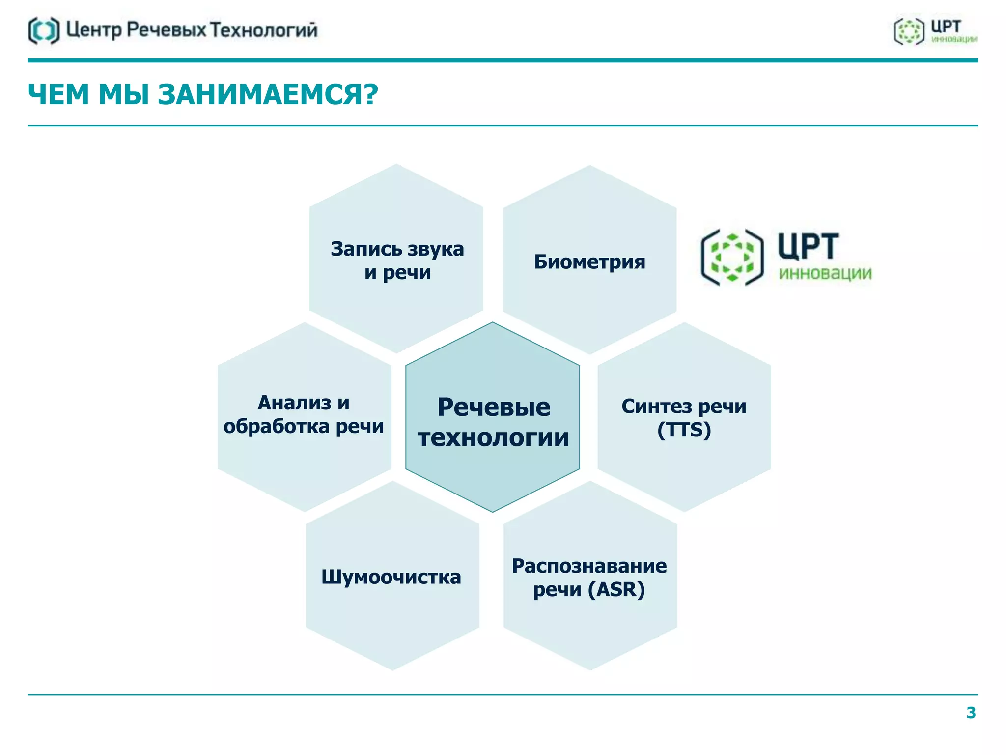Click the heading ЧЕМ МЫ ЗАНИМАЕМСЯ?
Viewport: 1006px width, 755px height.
[x=203, y=94]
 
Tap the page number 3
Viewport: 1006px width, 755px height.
[x=971, y=713]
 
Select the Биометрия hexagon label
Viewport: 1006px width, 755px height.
[x=589, y=261]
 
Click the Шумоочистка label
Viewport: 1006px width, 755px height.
[x=391, y=577]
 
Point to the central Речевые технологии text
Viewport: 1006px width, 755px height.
[x=493, y=422]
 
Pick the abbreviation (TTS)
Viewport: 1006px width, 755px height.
[x=684, y=430]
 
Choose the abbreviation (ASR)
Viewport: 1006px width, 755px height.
[x=616, y=589]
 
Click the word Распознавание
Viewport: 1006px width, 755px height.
[x=589, y=566]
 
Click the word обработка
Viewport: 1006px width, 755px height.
[x=277, y=426]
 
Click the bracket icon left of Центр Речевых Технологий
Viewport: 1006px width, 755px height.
[x=44, y=30]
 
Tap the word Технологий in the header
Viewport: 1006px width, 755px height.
[x=264, y=30]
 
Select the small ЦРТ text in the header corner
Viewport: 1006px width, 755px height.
[x=946, y=27]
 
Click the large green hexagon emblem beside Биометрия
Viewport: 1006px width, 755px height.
[x=732, y=258]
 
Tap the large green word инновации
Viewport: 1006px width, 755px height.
[x=825, y=273]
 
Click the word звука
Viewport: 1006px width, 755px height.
[x=435, y=249]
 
